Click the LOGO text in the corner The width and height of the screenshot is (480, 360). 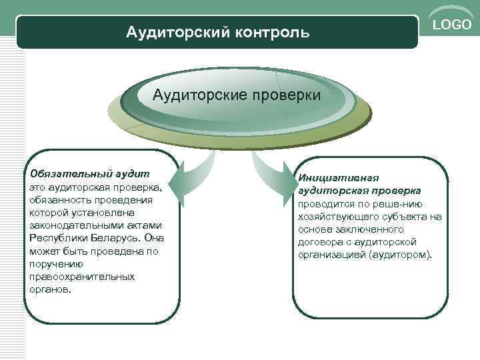coord(453,25)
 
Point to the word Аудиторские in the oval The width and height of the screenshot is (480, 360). coord(197,95)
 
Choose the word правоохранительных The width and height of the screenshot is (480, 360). coord(82,277)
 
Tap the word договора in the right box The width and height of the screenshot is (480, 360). coord(319,242)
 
